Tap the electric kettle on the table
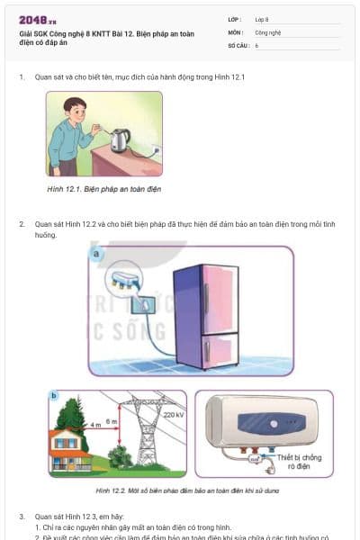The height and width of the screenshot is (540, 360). point(121,139)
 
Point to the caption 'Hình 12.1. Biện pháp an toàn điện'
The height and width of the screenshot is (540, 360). point(109,190)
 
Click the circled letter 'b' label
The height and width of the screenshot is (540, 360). point(54,396)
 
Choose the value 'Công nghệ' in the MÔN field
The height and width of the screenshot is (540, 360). point(267,31)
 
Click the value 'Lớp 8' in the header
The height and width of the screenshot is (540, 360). point(262,19)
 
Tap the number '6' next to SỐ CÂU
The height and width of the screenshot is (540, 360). point(256,44)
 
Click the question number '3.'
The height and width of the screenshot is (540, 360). point(22,517)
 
